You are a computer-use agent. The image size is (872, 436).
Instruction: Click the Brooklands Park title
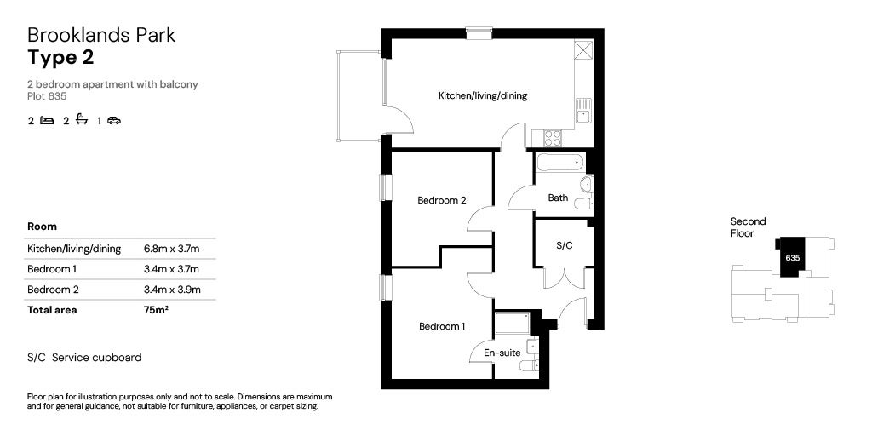[x=101, y=35]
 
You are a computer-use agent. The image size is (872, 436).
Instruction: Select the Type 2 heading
[x=60, y=58]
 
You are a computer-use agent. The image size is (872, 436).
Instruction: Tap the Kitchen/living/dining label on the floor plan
[x=482, y=95]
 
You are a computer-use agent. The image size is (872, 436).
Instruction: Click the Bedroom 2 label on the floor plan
[x=441, y=201]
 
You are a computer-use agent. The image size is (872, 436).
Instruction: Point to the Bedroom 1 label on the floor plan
[x=441, y=326]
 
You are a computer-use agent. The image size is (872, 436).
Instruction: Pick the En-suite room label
[x=501, y=352]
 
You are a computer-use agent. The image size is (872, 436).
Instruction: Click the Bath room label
[x=558, y=198]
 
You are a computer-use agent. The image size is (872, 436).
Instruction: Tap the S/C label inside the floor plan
[x=564, y=245]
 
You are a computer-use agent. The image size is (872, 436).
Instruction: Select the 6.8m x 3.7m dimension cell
[x=171, y=249]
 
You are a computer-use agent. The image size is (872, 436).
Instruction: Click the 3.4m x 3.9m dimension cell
[x=171, y=290]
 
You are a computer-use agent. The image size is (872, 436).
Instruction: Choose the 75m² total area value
[x=156, y=310]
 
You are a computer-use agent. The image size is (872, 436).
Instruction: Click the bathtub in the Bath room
[x=558, y=161]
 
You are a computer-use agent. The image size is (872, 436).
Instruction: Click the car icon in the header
[x=114, y=121]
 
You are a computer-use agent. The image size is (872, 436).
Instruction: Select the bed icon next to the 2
[x=47, y=121]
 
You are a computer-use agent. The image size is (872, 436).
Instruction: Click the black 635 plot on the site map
[x=791, y=257]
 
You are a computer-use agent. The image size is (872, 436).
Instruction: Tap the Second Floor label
[x=748, y=227]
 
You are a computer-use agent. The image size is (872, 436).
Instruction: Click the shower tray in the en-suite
[x=512, y=324]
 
